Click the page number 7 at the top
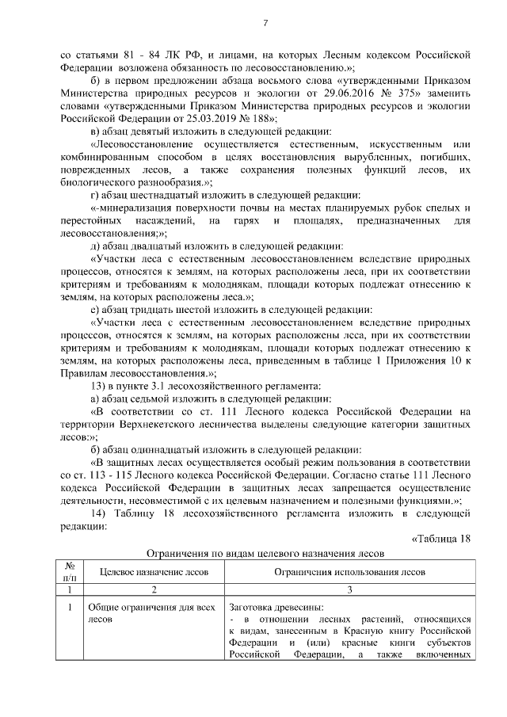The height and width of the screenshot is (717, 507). tap(265, 24)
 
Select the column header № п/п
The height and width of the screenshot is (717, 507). tap(69, 571)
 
